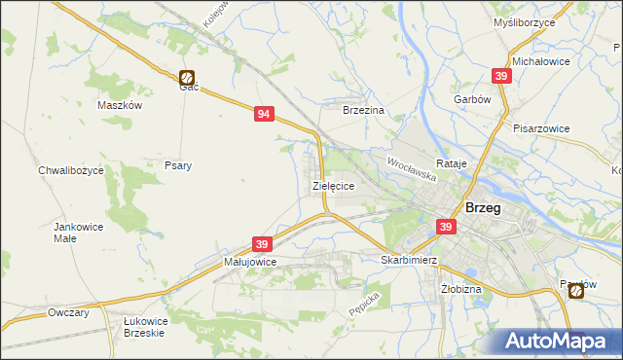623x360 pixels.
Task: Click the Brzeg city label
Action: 484,207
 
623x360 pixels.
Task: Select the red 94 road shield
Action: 263,114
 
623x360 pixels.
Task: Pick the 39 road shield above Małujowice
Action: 261,243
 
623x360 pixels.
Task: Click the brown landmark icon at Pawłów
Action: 576,289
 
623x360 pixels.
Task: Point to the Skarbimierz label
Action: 409,261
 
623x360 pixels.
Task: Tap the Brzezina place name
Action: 365,111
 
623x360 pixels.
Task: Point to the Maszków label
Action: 121,105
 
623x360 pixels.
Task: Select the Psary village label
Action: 178,165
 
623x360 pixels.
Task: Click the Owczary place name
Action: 68,313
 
